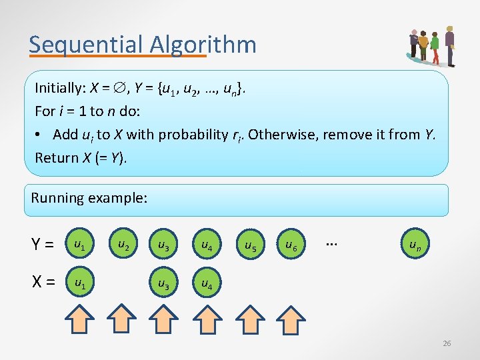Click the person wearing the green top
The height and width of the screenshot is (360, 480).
point(435,46)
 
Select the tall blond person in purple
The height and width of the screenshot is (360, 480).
point(450,45)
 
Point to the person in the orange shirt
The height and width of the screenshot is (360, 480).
point(423,45)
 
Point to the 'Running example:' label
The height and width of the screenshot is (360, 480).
point(89,198)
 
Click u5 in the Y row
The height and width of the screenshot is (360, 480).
point(250,246)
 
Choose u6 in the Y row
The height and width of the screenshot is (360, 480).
point(291,245)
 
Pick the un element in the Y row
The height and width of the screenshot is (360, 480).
point(414,245)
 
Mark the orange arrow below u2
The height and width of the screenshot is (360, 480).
point(121,320)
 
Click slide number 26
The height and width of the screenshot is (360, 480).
point(447,343)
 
